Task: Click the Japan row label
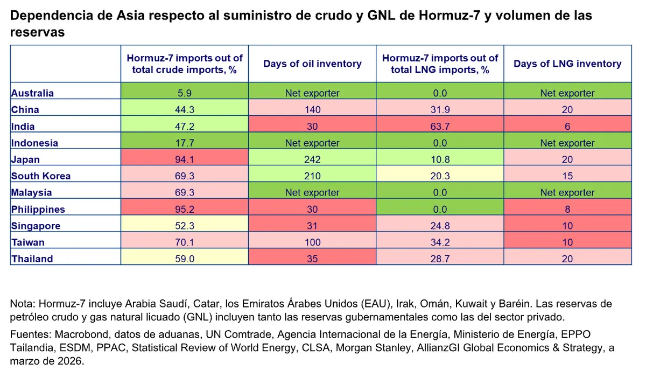(25, 159)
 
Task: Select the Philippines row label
(38, 209)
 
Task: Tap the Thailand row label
(32, 259)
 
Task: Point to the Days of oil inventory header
(312, 64)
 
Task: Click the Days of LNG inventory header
(567, 64)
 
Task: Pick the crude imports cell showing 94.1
(185, 159)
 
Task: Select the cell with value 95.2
(185, 209)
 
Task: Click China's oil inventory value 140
(312, 110)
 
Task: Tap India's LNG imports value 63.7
(440, 127)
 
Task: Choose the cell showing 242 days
(312, 159)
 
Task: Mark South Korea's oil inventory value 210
(312, 176)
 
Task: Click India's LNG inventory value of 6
(567, 127)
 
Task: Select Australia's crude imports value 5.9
(185, 93)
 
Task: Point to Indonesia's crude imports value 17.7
(185, 143)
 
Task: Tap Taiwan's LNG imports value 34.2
(440, 242)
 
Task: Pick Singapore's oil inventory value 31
(312, 226)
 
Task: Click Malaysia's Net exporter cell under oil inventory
(312, 193)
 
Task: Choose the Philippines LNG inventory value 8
(567, 209)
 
